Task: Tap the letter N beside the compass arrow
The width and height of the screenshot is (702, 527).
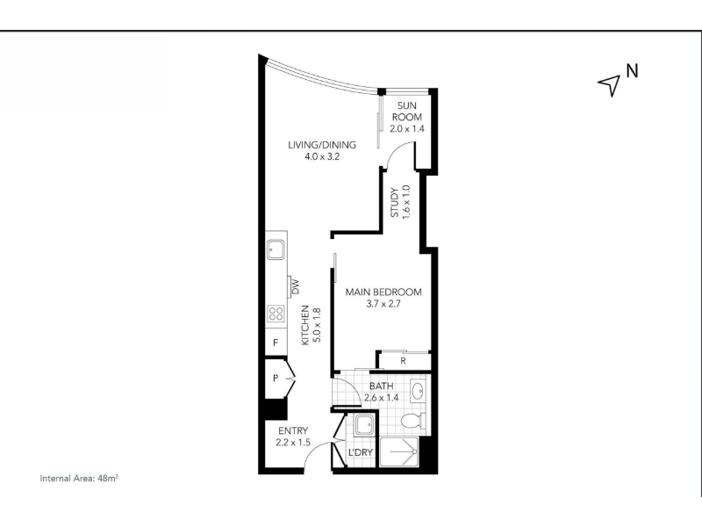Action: pyautogui.click(x=632, y=71)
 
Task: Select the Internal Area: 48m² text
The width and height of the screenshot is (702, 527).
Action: pyautogui.click(x=79, y=478)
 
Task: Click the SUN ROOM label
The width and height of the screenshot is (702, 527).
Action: pyautogui.click(x=407, y=112)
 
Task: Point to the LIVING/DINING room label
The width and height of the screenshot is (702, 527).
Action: pyautogui.click(x=322, y=145)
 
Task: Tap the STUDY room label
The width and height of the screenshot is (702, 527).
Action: pyautogui.click(x=394, y=203)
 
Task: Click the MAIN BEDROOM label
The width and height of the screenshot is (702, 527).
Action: pyautogui.click(x=383, y=292)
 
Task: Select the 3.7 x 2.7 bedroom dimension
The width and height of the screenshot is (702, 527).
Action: pyautogui.click(x=383, y=304)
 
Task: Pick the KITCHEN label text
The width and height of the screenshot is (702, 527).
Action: pyautogui.click(x=305, y=325)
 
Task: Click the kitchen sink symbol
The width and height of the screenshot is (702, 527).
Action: pyautogui.click(x=276, y=249)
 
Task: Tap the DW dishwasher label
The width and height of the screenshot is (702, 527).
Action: pyautogui.click(x=295, y=287)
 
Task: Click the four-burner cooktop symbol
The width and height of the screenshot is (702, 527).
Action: pyautogui.click(x=276, y=314)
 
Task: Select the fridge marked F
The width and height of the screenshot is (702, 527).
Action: pyautogui.click(x=276, y=343)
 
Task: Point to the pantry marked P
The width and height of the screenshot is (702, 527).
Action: pyautogui.click(x=276, y=379)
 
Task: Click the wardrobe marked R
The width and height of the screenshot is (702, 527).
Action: pyautogui.click(x=404, y=361)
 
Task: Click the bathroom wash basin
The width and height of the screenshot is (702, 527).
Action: pyautogui.click(x=418, y=390)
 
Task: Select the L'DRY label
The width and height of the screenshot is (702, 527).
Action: pyautogui.click(x=361, y=452)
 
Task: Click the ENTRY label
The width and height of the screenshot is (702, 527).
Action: pyautogui.click(x=293, y=430)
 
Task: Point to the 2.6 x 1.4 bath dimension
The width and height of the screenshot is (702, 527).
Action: pyautogui.click(x=382, y=398)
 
